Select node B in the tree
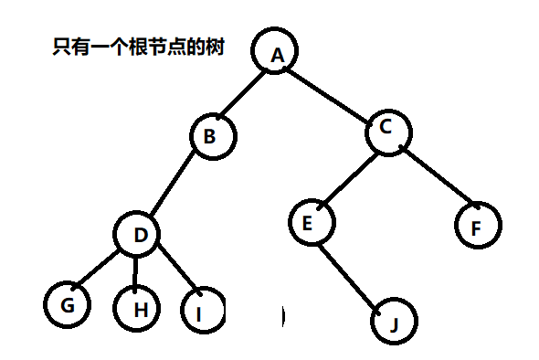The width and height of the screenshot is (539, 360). tap(213, 137)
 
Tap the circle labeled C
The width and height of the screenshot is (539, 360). tap(388, 130)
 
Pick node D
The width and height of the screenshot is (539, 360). tap(140, 235)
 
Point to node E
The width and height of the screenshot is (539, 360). tap(311, 222)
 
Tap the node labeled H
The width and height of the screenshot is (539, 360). tap(140, 309)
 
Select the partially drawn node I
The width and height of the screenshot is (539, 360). tap(203, 311)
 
